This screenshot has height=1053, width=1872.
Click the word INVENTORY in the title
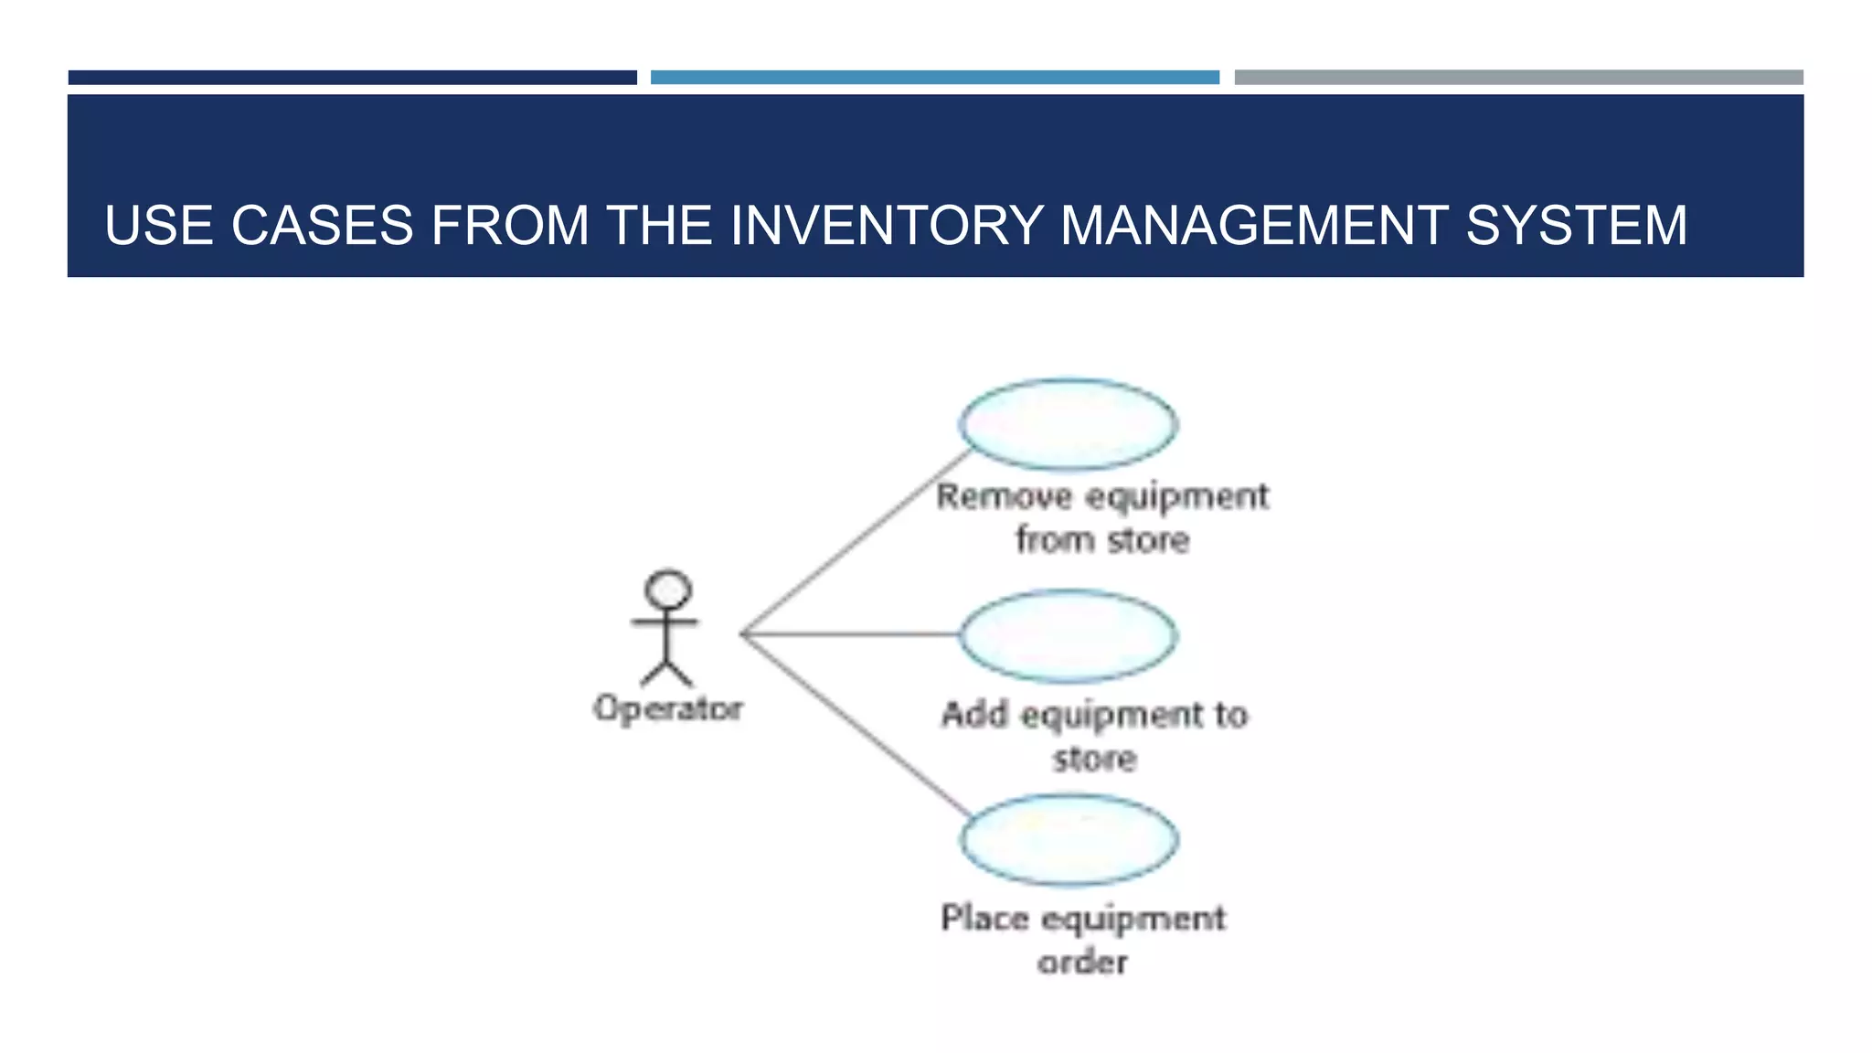pyautogui.click(x=886, y=225)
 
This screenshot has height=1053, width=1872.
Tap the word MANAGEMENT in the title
pyautogui.click(x=1252, y=225)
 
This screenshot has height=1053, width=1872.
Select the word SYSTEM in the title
pyautogui.click(x=1576, y=225)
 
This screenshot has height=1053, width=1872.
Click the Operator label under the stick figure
pyautogui.click(x=667, y=708)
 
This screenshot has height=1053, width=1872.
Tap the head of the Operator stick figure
pyautogui.click(x=668, y=590)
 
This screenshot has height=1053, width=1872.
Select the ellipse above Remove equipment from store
pyautogui.click(x=1068, y=425)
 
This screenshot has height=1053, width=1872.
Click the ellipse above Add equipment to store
pyautogui.click(x=1068, y=635)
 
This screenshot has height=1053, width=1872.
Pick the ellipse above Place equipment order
pyautogui.click(x=1069, y=839)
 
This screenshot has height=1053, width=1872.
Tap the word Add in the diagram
pyautogui.click(x=974, y=714)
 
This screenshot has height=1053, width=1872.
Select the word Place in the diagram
pyautogui.click(x=984, y=918)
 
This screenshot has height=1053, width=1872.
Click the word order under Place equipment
pyautogui.click(x=1082, y=962)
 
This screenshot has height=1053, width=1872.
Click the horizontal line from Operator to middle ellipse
pyautogui.click(x=850, y=633)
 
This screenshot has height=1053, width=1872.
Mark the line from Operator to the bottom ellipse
pyautogui.click(x=855, y=723)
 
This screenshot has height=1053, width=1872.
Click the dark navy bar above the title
pyautogui.click(x=352, y=78)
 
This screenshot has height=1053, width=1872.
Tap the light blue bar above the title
pyautogui.click(x=934, y=78)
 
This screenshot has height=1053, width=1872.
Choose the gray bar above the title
pyautogui.click(x=1518, y=78)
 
